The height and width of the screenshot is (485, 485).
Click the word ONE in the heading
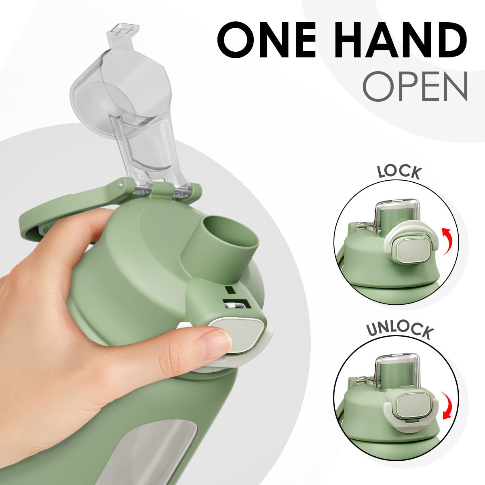click(x=267, y=41)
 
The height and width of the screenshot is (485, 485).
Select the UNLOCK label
click(x=400, y=329)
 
